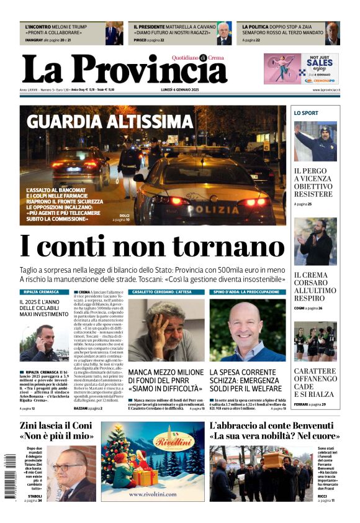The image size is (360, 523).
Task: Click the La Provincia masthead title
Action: pos(124,69)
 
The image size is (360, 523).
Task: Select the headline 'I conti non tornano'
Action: pos(152,247)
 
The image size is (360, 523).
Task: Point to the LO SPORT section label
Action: pos(306,113)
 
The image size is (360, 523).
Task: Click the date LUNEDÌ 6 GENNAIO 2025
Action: pos(180,90)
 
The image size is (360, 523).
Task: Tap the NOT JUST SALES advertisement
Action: pos(301,68)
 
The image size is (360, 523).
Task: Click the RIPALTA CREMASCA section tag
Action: pos(41,291)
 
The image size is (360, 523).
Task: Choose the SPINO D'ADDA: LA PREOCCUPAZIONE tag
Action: pos(246,291)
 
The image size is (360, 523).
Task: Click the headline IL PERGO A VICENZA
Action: pos(313,182)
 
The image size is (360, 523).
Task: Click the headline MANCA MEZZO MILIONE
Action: pos(166,378)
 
